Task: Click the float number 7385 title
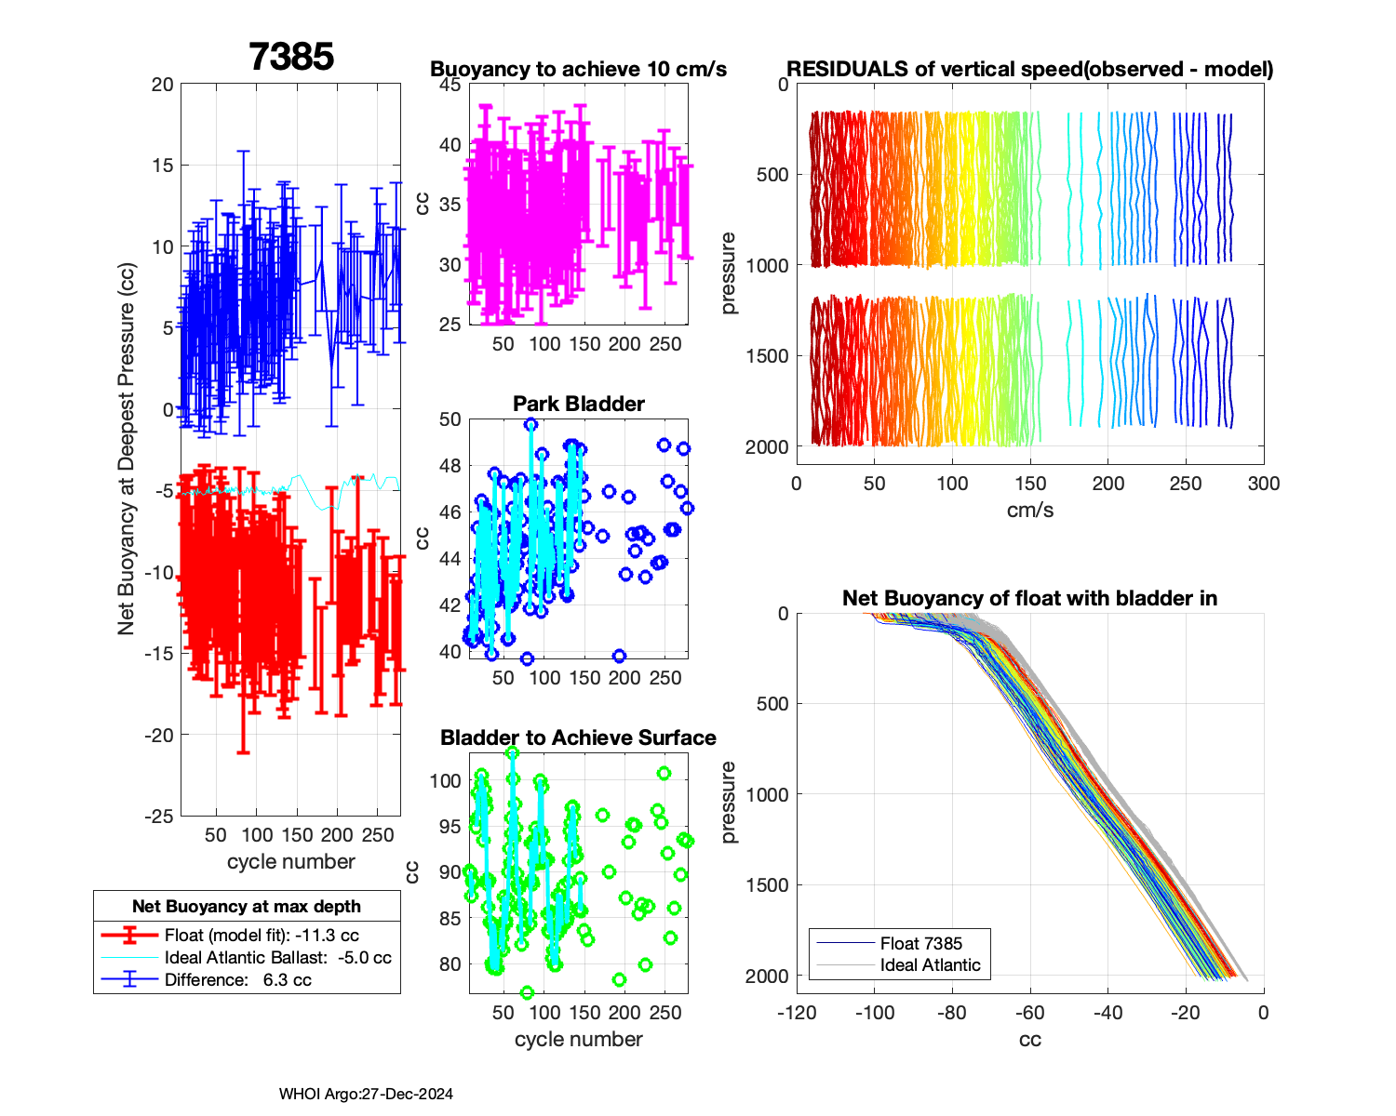(291, 57)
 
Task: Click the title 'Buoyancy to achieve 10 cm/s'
(578, 69)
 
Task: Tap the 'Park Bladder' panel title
(578, 404)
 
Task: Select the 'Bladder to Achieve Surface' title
(578, 737)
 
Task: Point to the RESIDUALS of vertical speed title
(1029, 69)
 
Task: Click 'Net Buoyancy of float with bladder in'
(1029, 598)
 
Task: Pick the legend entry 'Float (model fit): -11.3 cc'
(262, 936)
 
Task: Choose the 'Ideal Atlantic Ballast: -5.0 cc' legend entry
(277, 958)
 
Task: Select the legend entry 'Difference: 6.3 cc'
(237, 979)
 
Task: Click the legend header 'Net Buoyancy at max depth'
(247, 907)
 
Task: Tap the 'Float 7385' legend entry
(920, 943)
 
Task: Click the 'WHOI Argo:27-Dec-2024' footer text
(366, 1095)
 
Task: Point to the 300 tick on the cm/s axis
(1264, 484)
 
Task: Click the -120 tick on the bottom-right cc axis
(797, 1013)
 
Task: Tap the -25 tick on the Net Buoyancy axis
(160, 816)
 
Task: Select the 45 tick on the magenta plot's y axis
(450, 85)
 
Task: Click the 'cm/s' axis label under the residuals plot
(1029, 510)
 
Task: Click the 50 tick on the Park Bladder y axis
(450, 419)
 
